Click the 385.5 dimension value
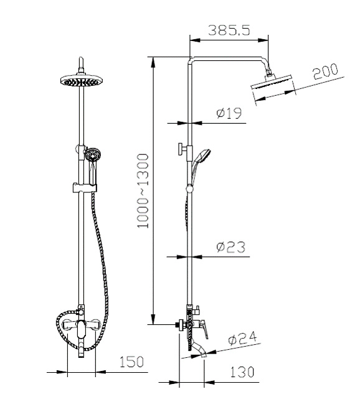pos(229,30)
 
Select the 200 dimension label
pos(326,71)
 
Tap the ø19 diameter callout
pos(229,113)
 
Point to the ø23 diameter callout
pos(230,247)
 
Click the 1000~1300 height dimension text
pos(143,191)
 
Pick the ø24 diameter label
pos(243,338)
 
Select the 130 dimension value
pos(242,372)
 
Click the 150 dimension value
pos(131,362)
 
